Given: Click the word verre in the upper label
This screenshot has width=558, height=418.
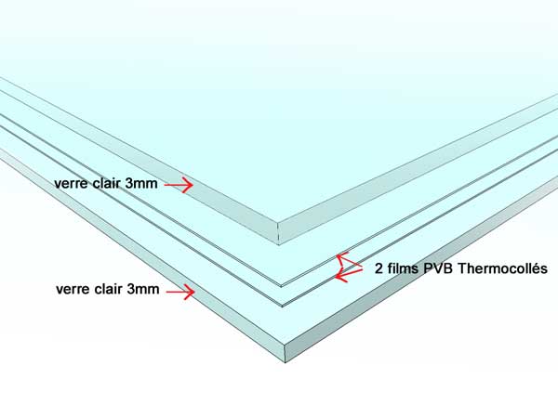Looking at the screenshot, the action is tap(72, 183).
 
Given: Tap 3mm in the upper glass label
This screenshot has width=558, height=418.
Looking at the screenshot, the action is tap(141, 183).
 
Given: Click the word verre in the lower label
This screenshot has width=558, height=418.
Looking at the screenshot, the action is tap(73, 289).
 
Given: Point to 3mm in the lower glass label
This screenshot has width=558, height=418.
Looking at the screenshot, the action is tap(143, 289).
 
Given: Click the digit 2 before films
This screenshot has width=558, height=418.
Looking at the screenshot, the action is tap(379, 268).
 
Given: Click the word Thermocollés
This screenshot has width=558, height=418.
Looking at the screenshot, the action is tap(502, 268).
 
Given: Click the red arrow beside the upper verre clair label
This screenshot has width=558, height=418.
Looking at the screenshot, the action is tap(179, 185).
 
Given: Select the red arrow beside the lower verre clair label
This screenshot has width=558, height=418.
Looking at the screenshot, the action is tap(180, 292).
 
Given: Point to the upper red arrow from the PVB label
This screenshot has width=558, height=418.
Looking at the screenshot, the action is tap(349, 260).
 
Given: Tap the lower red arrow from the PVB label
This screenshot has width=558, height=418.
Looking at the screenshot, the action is tap(349, 274).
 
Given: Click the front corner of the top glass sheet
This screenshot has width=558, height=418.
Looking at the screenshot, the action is tap(278, 224).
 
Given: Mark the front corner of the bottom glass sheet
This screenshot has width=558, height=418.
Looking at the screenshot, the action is tap(286, 344).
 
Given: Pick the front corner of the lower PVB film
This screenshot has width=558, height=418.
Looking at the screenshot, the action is tap(282, 305).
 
